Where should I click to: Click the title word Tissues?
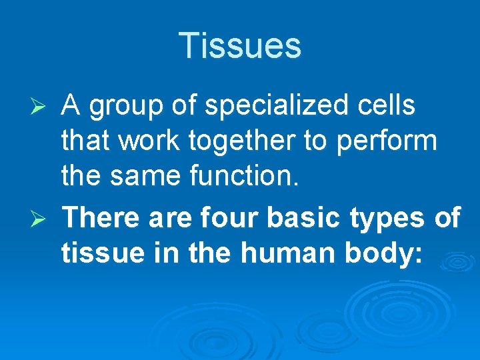240,46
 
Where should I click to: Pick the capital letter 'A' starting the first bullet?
70,105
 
